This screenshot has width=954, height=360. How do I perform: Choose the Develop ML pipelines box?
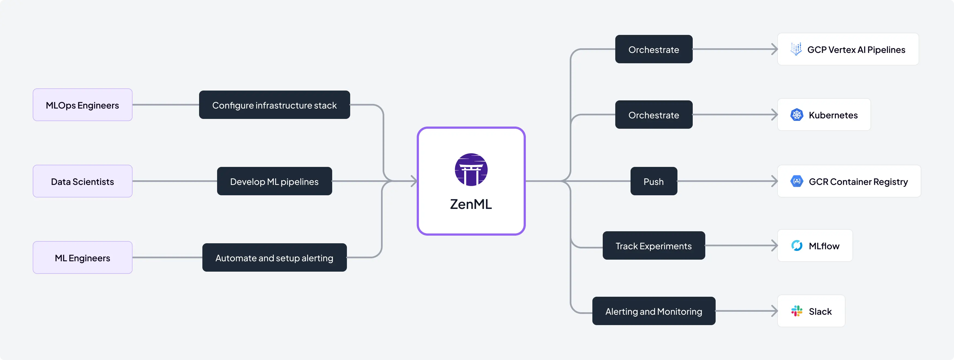pos(274,181)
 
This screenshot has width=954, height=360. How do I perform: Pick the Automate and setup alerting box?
pos(274,257)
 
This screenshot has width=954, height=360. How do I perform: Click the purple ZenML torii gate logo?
pos(471,170)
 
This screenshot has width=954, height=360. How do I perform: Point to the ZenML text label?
pos(471,204)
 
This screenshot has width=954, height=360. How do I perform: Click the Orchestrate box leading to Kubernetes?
pos(654,115)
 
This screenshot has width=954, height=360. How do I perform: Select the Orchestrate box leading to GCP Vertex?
pos(654,49)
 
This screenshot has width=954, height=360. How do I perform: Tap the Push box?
pos(654,181)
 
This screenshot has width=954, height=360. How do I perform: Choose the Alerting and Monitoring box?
pos(654,311)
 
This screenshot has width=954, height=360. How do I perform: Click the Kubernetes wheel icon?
pos(797,115)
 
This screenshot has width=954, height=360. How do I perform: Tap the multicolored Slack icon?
pos(797,311)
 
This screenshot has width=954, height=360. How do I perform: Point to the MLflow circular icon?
pos(797,245)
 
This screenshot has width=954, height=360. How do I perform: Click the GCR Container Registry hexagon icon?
pos(797,181)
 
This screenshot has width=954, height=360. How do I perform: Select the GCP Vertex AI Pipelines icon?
pos(796,49)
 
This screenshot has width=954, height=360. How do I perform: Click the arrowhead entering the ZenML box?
pos(414,181)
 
